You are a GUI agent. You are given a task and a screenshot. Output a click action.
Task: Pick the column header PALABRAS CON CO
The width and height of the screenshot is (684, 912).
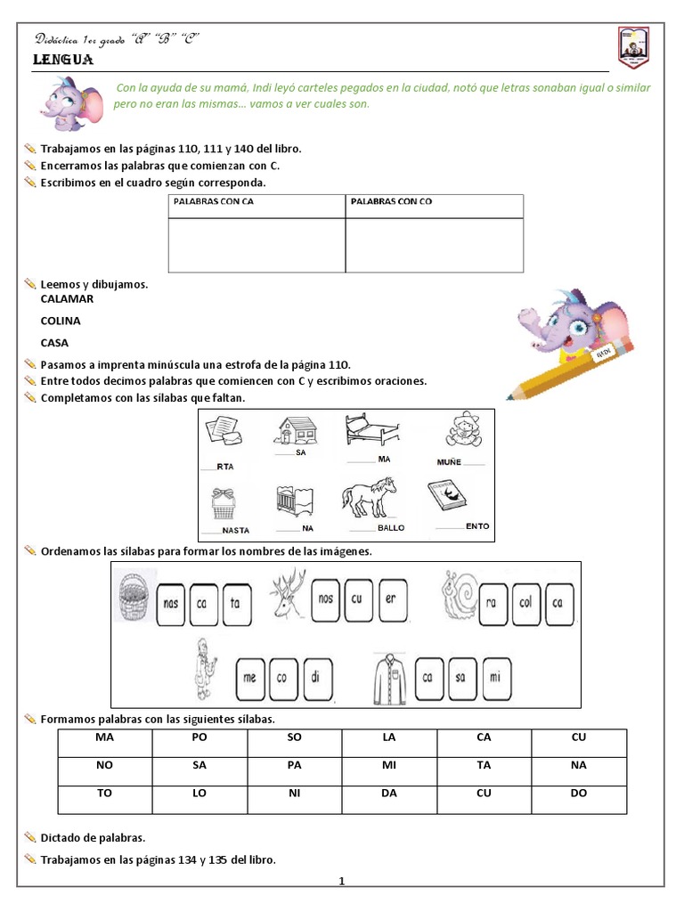(391, 202)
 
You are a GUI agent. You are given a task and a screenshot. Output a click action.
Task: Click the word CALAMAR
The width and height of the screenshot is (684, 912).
(67, 299)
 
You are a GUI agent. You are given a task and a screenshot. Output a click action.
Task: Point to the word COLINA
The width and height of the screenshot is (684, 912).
(61, 321)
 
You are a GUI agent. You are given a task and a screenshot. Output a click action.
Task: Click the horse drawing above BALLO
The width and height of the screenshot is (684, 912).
(370, 497)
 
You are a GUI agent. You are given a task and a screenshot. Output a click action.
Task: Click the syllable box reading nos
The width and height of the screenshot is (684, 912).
(326, 599)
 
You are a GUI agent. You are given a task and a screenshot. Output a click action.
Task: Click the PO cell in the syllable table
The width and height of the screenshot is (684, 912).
(199, 738)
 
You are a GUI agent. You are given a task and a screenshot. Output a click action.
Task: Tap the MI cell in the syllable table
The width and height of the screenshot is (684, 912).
(389, 765)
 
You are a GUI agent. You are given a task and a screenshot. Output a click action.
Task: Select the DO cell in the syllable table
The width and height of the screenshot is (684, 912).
(579, 793)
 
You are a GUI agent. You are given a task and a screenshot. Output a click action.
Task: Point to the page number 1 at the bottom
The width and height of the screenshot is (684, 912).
(341, 882)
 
